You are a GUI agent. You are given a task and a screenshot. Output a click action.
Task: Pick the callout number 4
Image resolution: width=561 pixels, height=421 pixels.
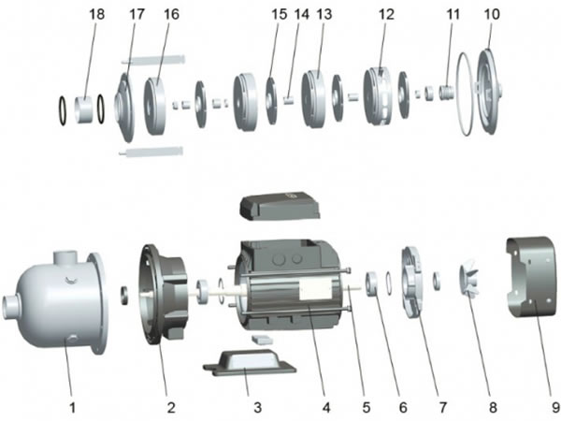click(326, 409)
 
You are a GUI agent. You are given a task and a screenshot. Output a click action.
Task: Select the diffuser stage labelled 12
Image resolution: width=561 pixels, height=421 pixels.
click(378, 94)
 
